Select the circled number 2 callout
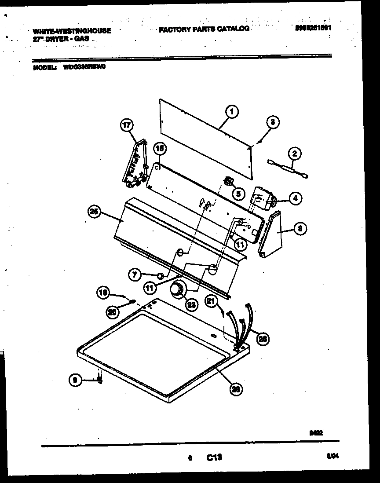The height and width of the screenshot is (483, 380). click(x=294, y=154)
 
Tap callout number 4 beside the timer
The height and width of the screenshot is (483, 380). click(x=295, y=199)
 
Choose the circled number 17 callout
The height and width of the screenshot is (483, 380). click(x=126, y=126)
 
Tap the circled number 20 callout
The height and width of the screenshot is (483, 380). click(x=112, y=312)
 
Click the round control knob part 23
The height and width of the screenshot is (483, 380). click(x=177, y=290)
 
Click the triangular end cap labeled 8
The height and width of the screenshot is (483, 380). click(x=272, y=233)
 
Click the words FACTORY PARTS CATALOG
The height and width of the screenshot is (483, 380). click(x=204, y=29)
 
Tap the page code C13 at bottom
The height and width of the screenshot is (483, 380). click(x=214, y=458)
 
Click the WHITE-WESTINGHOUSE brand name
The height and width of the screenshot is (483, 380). click(x=71, y=31)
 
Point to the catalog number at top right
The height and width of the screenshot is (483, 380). click(x=313, y=27)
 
